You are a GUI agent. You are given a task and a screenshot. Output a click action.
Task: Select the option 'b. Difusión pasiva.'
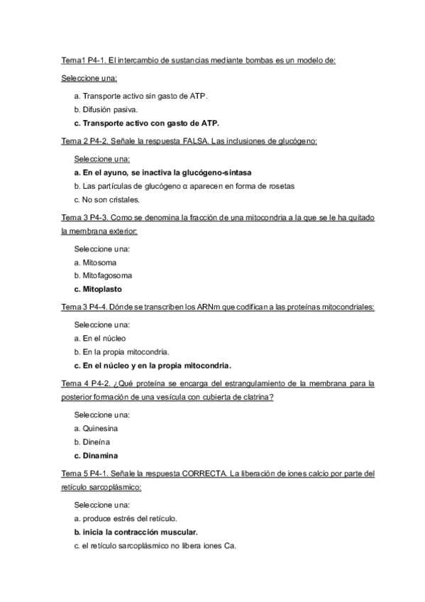[106, 109]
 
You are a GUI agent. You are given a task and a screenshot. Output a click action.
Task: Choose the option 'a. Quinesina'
[96, 428]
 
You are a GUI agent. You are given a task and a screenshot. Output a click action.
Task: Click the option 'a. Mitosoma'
[95, 262]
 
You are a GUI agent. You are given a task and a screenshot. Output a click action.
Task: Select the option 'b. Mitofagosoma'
[103, 275]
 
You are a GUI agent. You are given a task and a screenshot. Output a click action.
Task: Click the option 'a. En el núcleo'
[100, 339]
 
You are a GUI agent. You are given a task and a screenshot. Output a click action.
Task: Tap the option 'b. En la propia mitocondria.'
[121, 352]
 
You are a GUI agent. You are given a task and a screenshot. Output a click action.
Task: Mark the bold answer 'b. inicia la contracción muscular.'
[136, 532]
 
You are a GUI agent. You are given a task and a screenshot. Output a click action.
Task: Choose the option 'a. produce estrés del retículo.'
[126, 518]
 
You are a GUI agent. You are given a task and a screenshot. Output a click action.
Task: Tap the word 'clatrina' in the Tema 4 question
[258, 398]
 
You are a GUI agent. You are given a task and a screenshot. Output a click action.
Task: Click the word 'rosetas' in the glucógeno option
[278, 186]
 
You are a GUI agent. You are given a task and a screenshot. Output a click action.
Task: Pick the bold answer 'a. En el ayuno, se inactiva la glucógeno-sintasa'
[163, 173]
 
